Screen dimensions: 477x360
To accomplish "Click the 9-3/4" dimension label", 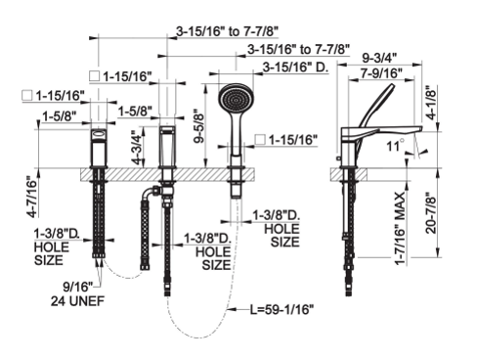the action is click(x=379, y=58).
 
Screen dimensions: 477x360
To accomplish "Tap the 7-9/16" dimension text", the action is click(x=381, y=73).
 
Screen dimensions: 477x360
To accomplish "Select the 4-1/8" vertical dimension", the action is click(x=431, y=103).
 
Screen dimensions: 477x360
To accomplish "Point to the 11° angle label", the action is click(x=395, y=146).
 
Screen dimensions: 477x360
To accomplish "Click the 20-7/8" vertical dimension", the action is click(x=431, y=212).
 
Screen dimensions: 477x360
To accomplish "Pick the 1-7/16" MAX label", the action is click(x=400, y=229).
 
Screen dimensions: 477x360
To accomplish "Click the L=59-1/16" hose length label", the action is click(x=282, y=309).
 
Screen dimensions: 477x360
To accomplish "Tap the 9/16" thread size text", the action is click(x=78, y=287).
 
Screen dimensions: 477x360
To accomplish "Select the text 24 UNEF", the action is click(x=77, y=301).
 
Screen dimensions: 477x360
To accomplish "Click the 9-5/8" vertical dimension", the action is click(x=198, y=128).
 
